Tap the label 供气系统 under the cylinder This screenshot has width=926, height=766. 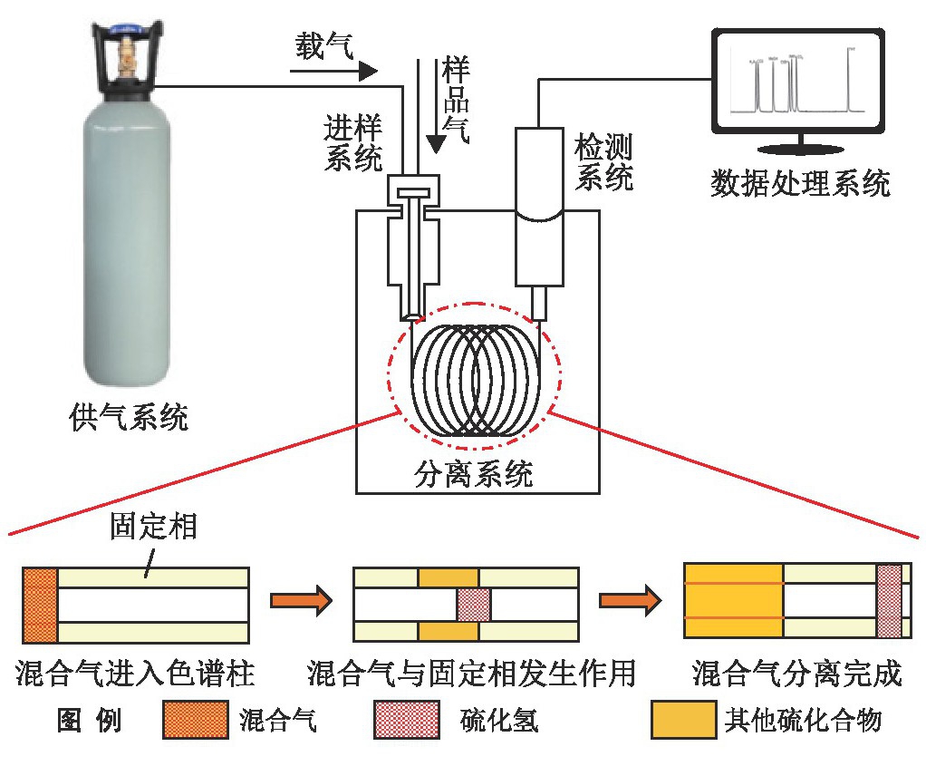pyautogui.click(x=128, y=417)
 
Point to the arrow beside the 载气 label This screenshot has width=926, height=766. pyautogui.click(x=333, y=72)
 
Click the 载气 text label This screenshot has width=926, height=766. pyautogui.click(x=324, y=45)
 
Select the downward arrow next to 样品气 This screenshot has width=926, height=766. pyautogui.click(x=436, y=106)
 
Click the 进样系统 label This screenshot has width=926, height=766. pyautogui.click(x=353, y=142)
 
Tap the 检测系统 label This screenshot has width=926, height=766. pyautogui.click(x=603, y=162)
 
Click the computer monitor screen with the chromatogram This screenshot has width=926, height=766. pyautogui.click(x=798, y=82)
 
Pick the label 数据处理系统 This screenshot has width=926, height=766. pyautogui.click(x=800, y=183)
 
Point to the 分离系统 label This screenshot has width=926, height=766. pyautogui.click(x=473, y=473)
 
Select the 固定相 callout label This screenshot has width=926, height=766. pyautogui.click(x=153, y=526)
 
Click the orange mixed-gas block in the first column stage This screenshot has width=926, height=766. pyautogui.click(x=40, y=606)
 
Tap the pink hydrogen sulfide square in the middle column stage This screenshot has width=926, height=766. pyautogui.click(x=474, y=605)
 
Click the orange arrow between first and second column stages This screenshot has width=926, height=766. pyautogui.click(x=301, y=600)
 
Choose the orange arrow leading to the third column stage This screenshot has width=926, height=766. pyautogui.click(x=630, y=600)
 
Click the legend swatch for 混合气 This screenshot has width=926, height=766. pyautogui.click(x=196, y=719)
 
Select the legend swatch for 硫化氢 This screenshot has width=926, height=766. pyautogui.click(x=406, y=719)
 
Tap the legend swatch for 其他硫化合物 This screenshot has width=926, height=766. pyautogui.click(x=684, y=719)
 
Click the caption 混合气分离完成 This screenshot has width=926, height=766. pyautogui.click(x=797, y=674)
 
